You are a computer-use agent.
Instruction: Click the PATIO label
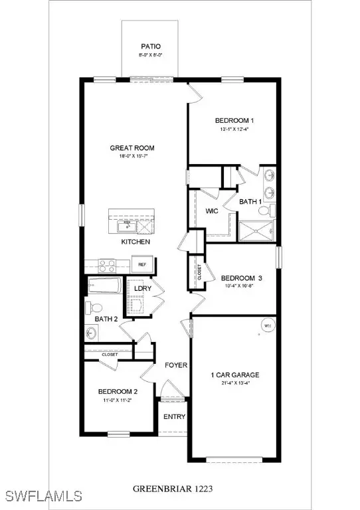148,46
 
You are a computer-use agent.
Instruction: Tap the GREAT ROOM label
128,148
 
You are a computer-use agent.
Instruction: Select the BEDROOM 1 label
234,120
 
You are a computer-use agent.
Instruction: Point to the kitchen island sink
126,226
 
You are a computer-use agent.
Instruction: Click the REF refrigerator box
142,264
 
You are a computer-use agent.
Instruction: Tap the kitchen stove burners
108,266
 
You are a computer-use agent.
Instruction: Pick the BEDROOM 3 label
238,278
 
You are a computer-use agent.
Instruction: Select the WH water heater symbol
268,326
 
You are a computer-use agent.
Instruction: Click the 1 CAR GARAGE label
235,375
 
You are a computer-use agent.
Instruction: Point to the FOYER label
177,365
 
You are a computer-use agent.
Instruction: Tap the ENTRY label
175,417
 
